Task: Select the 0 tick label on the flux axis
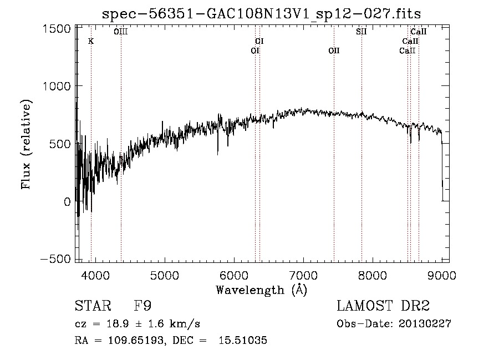[67, 201]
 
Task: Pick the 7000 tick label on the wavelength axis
[303, 275]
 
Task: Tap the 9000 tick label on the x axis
[442, 275]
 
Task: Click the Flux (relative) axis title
[26, 144]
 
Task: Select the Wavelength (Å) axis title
[261, 290]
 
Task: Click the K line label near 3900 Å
[91, 41]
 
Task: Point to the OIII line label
[120, 32]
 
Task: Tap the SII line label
[361, 32]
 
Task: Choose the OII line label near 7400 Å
[334, 50]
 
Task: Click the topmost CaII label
[419, 32]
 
